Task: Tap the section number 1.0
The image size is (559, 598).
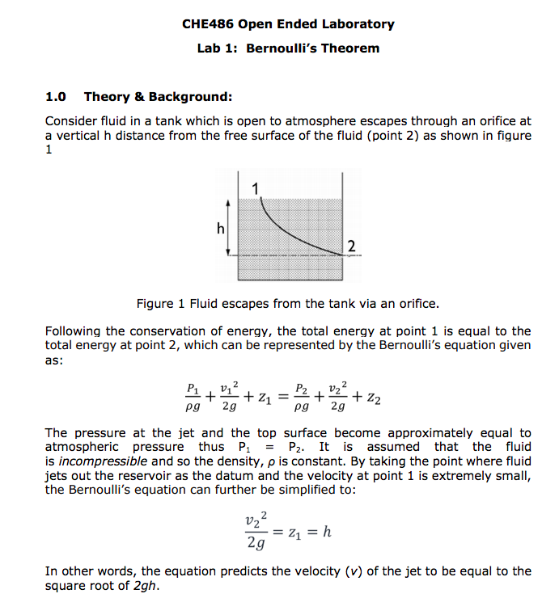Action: [56, 97]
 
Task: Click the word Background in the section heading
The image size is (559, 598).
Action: [189, 97]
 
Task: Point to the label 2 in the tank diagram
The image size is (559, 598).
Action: [350, 245]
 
